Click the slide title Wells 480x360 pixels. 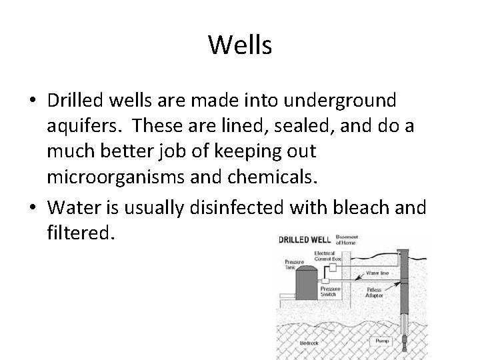point(240,45)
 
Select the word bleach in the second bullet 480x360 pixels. point(364,207)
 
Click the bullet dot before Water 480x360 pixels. point(33,208)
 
